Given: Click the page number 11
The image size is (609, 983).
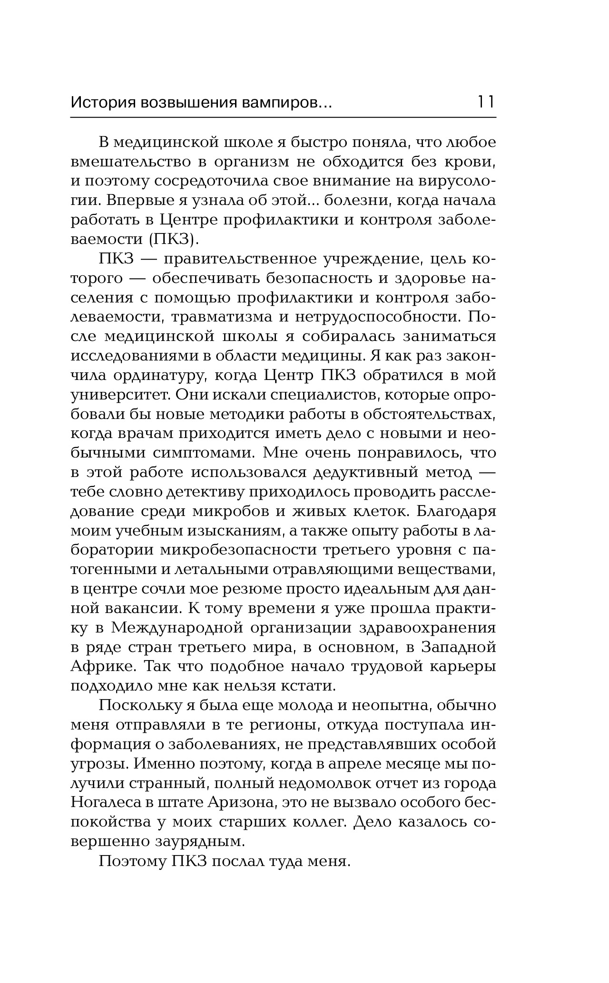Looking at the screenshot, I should click(485, 102).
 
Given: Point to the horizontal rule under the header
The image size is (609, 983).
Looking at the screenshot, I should click(283, 117).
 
